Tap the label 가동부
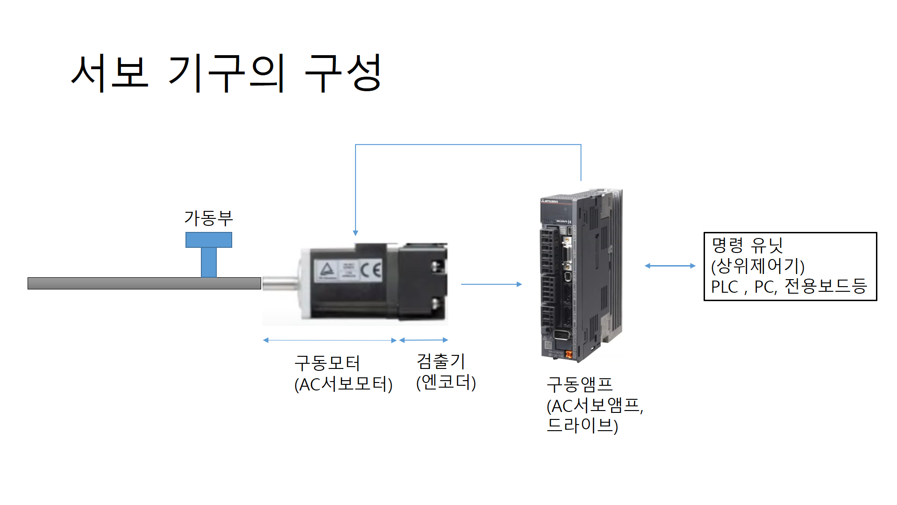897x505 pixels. (208, 218)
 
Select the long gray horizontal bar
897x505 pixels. (144, 283)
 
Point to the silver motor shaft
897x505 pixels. (280, 283)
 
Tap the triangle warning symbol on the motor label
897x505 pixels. (327, 270)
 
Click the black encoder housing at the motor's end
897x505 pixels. (423, 281)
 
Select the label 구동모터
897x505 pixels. (327, 363)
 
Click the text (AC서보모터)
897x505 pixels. (343, 384)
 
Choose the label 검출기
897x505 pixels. (441, 361)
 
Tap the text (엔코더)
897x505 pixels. (446, 382)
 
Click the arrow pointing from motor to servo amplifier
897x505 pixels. (491, 284)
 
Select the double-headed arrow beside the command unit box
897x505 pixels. (670, 266)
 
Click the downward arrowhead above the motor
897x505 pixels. (356, 233)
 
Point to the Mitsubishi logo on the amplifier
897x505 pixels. (550, 201)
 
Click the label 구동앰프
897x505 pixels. (580, 384)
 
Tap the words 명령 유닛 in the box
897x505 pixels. (747, 245)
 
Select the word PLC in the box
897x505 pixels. (725, 287)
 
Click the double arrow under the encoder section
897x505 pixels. (424, 340)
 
